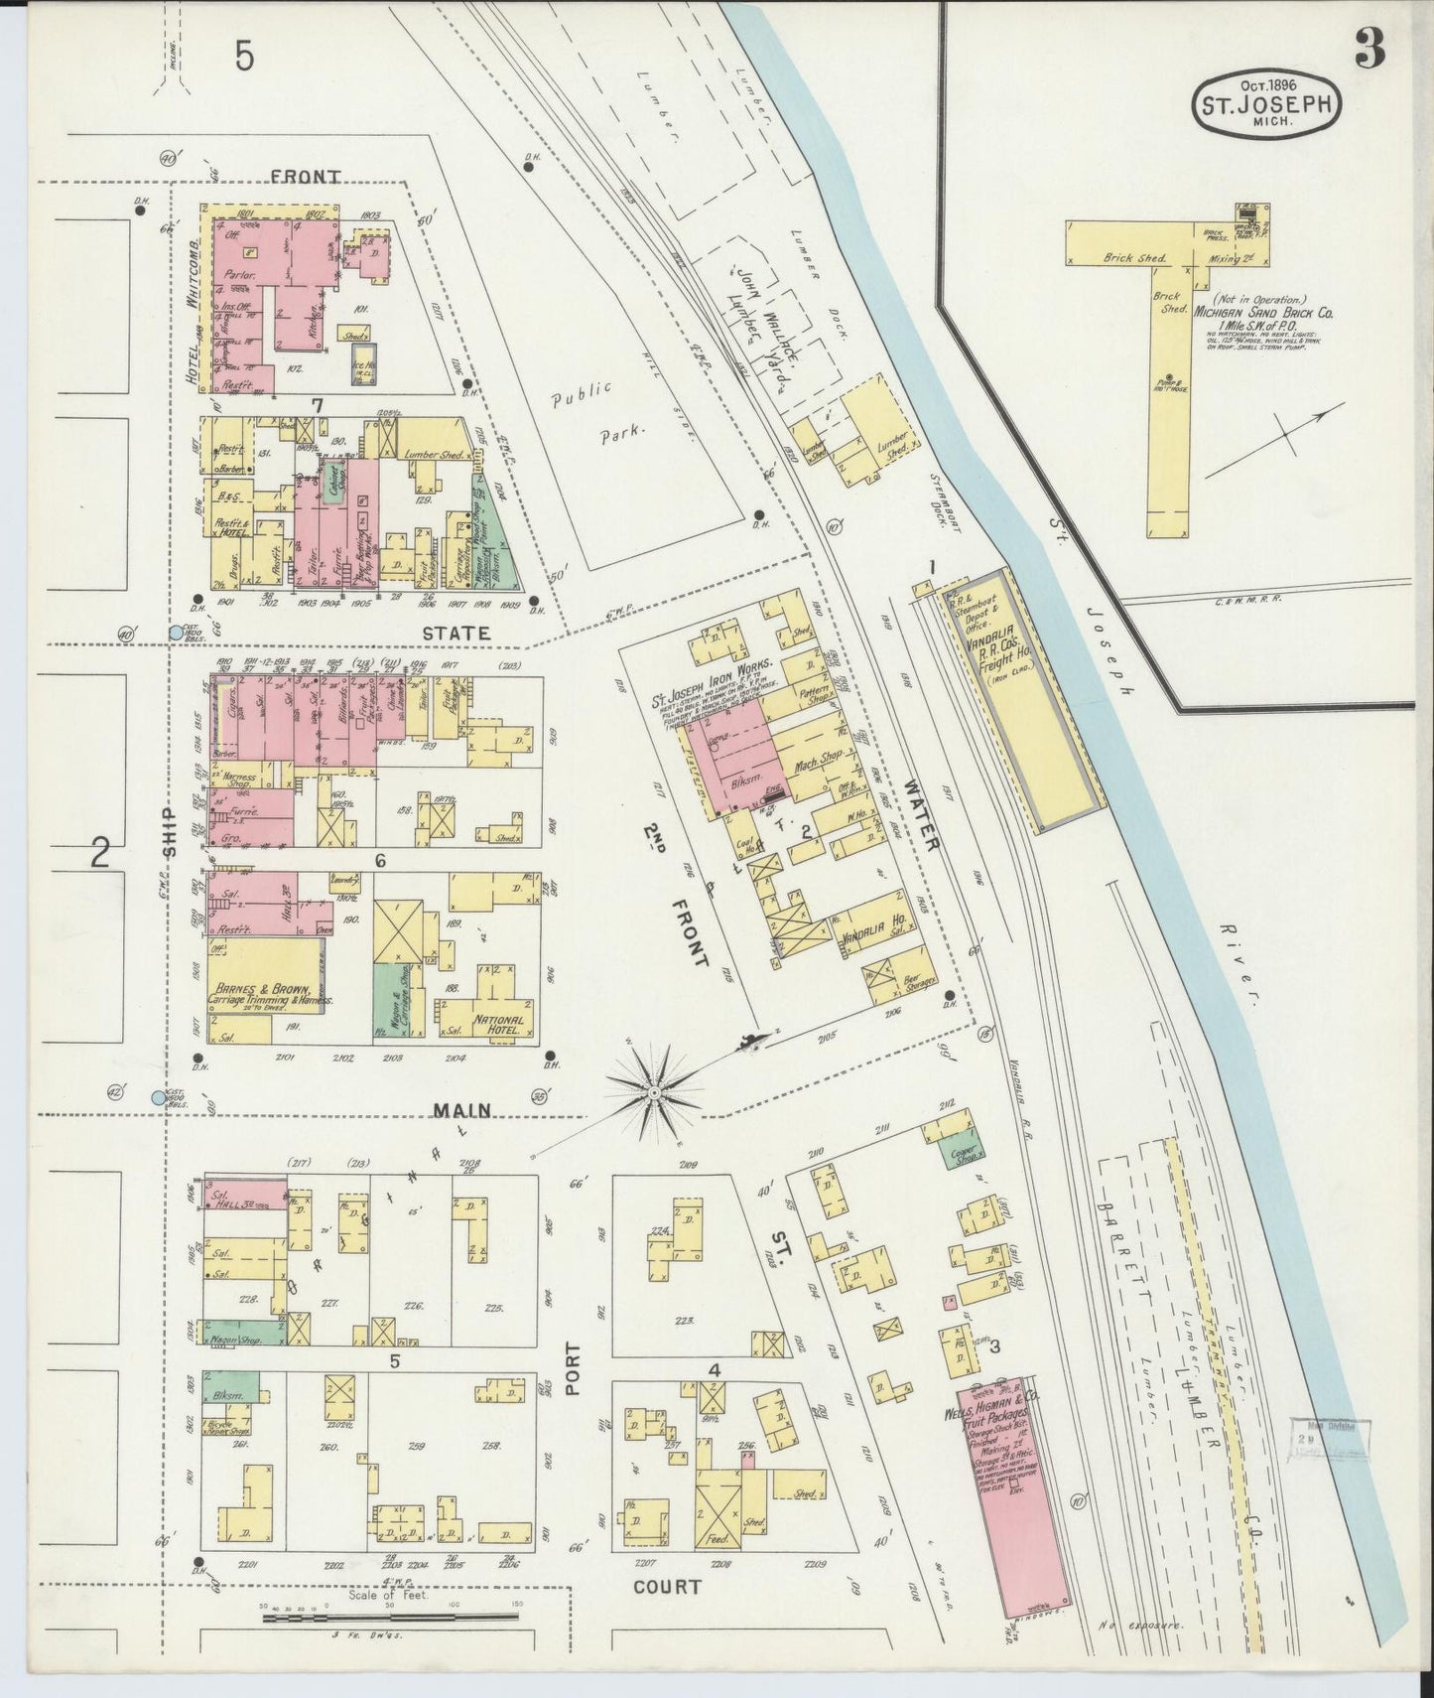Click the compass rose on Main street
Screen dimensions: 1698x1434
tap(655, 1092)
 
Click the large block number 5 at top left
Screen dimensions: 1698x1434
tap(245, 57)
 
